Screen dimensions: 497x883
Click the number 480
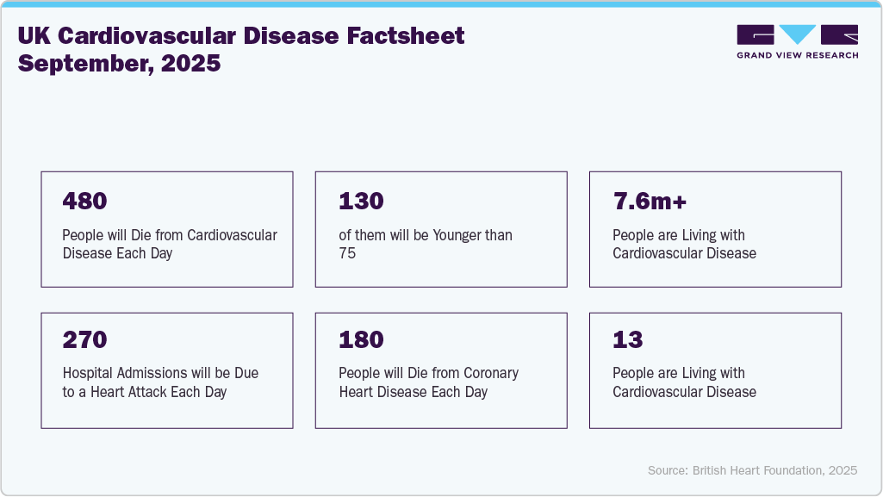point(84,202)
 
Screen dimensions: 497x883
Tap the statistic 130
point(361,202)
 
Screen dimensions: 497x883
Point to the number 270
point(84,339)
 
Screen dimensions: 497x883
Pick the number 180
point(361,339)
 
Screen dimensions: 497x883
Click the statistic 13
point(628,339)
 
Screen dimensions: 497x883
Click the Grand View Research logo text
point(797,55)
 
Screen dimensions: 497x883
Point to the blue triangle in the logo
point(797,34)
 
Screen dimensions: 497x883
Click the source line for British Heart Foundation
point(752,470)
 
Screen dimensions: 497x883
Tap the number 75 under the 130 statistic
point(348,253)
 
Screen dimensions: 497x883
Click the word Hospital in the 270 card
point(90,373)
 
